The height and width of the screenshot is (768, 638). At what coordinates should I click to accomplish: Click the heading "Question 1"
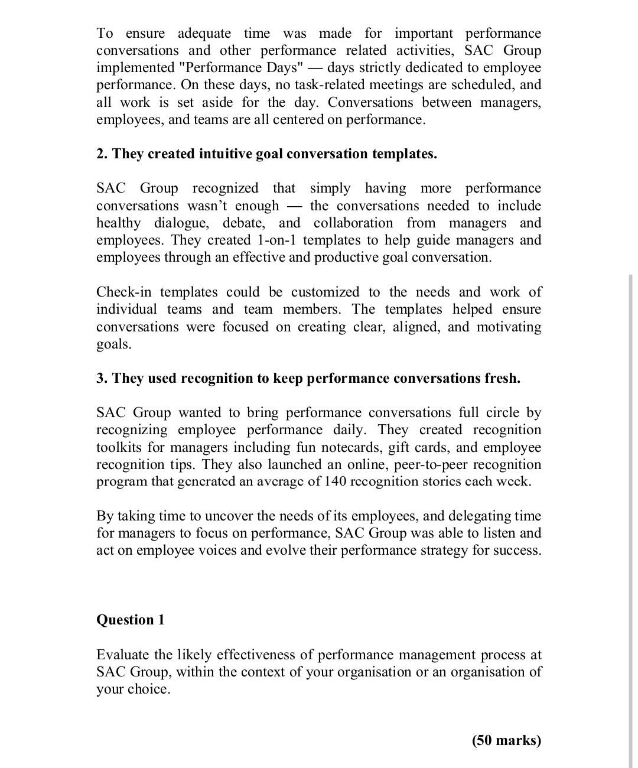pyautogui.click(x=131, y=620)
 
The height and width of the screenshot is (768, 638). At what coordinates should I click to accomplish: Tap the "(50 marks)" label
pyautogui.click(x=506, y=740)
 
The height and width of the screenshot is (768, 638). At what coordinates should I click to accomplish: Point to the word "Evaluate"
pyautogui.click(x=122, y=655)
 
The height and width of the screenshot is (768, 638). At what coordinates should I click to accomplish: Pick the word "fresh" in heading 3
pyautogui.click(x=502, y=378)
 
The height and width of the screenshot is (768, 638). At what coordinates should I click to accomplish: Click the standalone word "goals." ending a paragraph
pyautogui.click(x=114, y=344)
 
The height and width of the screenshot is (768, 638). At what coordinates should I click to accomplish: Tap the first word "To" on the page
pyautogui.click(x=105, y=34)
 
